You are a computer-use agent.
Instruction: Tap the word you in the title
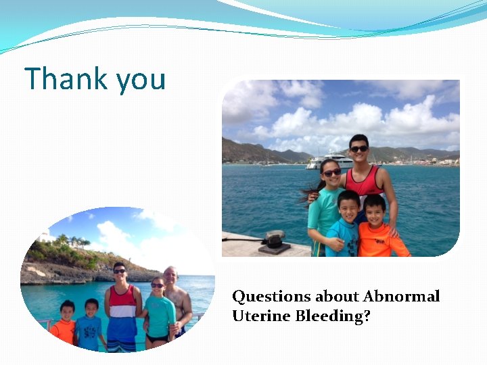(141, 80)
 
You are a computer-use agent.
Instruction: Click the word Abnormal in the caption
(401, 296)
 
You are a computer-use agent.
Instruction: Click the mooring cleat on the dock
(274, 238)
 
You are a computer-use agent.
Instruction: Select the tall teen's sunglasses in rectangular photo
(358, 149)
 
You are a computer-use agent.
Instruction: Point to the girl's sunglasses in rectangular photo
(331, 173)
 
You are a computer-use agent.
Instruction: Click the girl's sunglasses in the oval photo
(157, 286)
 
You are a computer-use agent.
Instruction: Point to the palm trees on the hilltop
(73, 239)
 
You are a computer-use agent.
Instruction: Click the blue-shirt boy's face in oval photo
(92, 307)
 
